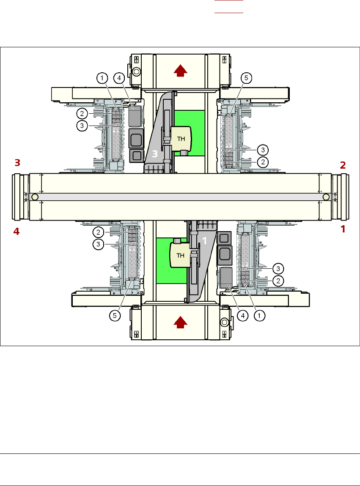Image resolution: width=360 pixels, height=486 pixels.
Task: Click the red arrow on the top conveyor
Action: tap(181, 71)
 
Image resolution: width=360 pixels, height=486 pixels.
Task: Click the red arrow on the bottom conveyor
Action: tap(181, 323)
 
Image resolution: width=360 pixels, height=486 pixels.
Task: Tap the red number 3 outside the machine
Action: tap(16, 162)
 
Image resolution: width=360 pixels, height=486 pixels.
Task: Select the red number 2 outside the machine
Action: tap(343, 165)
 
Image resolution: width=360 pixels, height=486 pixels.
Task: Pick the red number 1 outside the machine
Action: tap(343, 229)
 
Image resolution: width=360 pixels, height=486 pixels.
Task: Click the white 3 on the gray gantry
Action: tap(155, 154)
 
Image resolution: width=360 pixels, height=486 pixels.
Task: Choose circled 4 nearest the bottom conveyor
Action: tap(242, 315)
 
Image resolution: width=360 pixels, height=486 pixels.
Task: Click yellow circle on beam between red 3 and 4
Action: tap(35, 197)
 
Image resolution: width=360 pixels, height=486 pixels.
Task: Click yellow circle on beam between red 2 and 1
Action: tap(326, 197)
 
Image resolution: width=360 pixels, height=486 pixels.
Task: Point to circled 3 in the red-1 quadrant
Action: tap(278, 268)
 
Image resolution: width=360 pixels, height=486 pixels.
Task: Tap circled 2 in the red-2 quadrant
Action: tap(264, 162)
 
